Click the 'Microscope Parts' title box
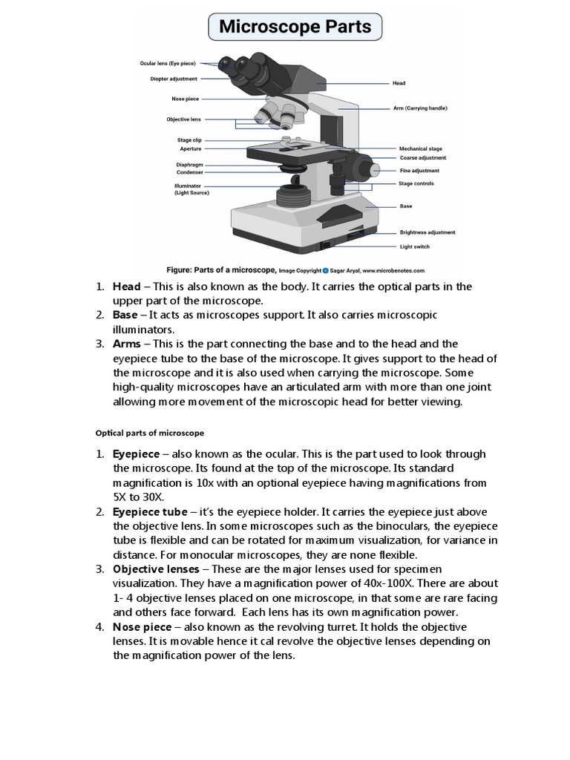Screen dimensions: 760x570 [295, 27]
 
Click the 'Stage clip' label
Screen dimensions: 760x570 [189, 140]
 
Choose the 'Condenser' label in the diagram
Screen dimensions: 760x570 [189, 172]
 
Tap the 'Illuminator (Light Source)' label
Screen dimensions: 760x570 [191, 189]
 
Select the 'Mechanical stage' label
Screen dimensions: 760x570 [421, 148]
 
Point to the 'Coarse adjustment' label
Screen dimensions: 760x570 [422, 157]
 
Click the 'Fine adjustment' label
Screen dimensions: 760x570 [419, 171]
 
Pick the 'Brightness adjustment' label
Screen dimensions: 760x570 [427, 232]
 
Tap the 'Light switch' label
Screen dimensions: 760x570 [414, 246]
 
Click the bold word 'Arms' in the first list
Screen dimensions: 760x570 [126, 344]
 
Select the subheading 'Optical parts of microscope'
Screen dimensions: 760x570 [150, 432]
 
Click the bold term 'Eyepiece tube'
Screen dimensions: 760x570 [149, 511]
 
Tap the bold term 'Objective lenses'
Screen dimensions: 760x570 [156, 569]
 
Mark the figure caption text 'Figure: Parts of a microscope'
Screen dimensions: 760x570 [221, 271]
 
